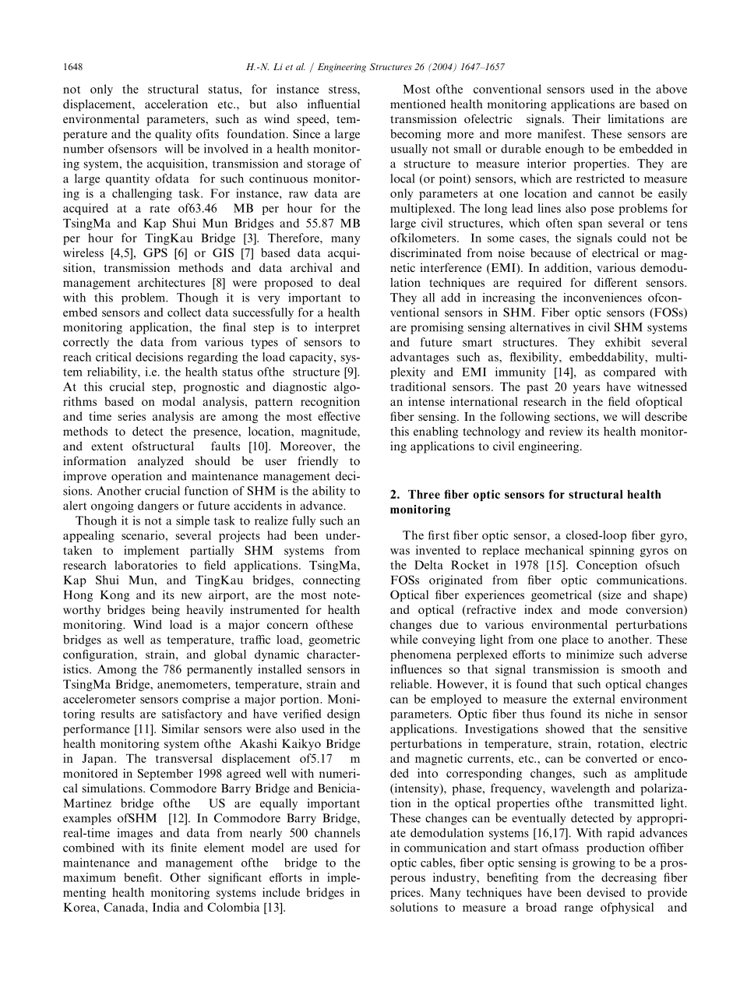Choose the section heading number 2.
393,495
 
